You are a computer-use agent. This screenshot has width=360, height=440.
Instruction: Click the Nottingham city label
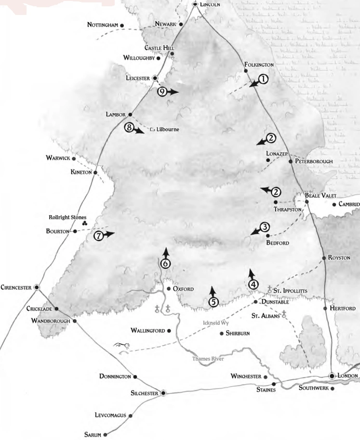[103, 25]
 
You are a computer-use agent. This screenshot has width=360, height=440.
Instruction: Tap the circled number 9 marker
[162, 91]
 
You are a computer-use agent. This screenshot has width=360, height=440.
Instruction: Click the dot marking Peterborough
[290, 161]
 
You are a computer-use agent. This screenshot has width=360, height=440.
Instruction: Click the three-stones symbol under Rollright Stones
[84, 223]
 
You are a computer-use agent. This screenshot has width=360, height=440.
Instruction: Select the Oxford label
[183, 289]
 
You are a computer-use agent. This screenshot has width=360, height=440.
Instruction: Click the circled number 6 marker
[165, 263]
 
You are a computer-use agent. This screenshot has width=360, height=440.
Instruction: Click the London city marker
[332, 376]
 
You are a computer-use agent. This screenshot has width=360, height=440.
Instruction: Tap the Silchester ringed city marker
[163, 393]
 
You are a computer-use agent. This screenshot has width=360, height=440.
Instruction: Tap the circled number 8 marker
[128, 127]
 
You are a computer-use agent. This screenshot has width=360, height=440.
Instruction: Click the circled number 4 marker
[254, 284]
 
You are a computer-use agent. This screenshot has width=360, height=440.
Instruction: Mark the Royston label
[339, 258]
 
